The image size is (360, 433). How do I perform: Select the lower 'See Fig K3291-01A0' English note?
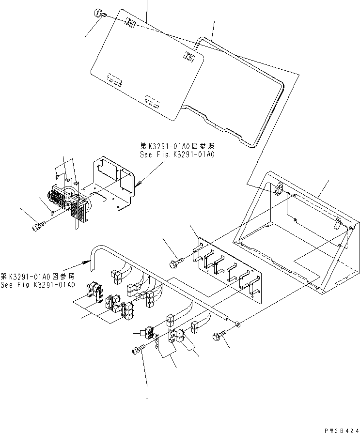37,285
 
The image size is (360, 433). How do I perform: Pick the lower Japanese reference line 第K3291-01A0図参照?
37,277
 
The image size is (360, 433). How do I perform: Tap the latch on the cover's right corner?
188,57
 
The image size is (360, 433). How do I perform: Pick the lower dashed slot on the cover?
151,101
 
